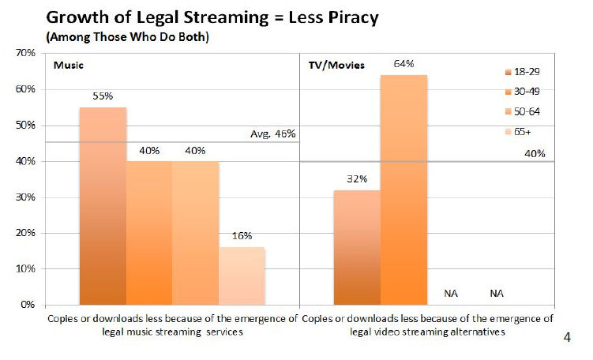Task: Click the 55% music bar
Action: pos(103,205)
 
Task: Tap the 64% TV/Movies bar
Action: pos(403,189)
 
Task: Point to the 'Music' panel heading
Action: pos(67,65)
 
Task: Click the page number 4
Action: pos(567,338)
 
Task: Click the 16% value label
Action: pos(242,236)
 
